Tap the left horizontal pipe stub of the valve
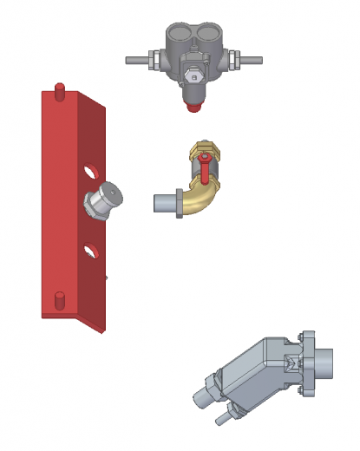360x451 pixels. coord(136,61)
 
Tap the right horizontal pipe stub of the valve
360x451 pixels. coord(251,61)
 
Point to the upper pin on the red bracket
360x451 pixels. coord(60,90)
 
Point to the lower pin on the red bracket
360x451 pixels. coord(61,299)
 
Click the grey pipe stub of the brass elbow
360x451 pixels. coord(163,205)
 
